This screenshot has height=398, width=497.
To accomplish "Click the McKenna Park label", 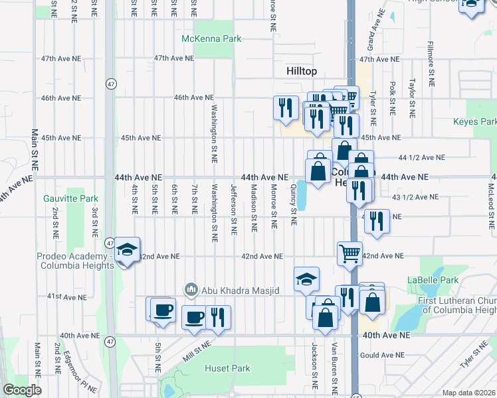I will point(212,38).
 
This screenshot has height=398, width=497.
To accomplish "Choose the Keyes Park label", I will point(474,122).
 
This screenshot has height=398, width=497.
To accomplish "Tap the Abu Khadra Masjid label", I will point(232,289).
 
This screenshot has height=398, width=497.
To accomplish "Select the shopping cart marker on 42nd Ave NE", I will point(349,253).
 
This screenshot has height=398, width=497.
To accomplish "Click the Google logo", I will point(22,390).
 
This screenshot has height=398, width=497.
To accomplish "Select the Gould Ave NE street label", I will point(381,356).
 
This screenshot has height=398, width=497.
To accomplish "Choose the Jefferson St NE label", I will point(233,210).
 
